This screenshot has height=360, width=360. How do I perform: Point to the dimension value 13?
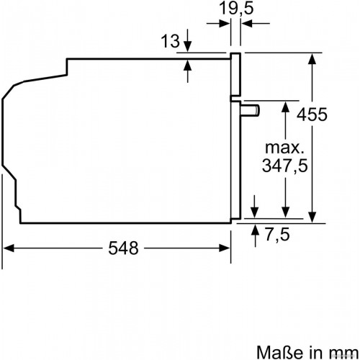click(x=168, y=41)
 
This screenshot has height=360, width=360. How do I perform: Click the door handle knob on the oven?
click(x=251, y=109)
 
